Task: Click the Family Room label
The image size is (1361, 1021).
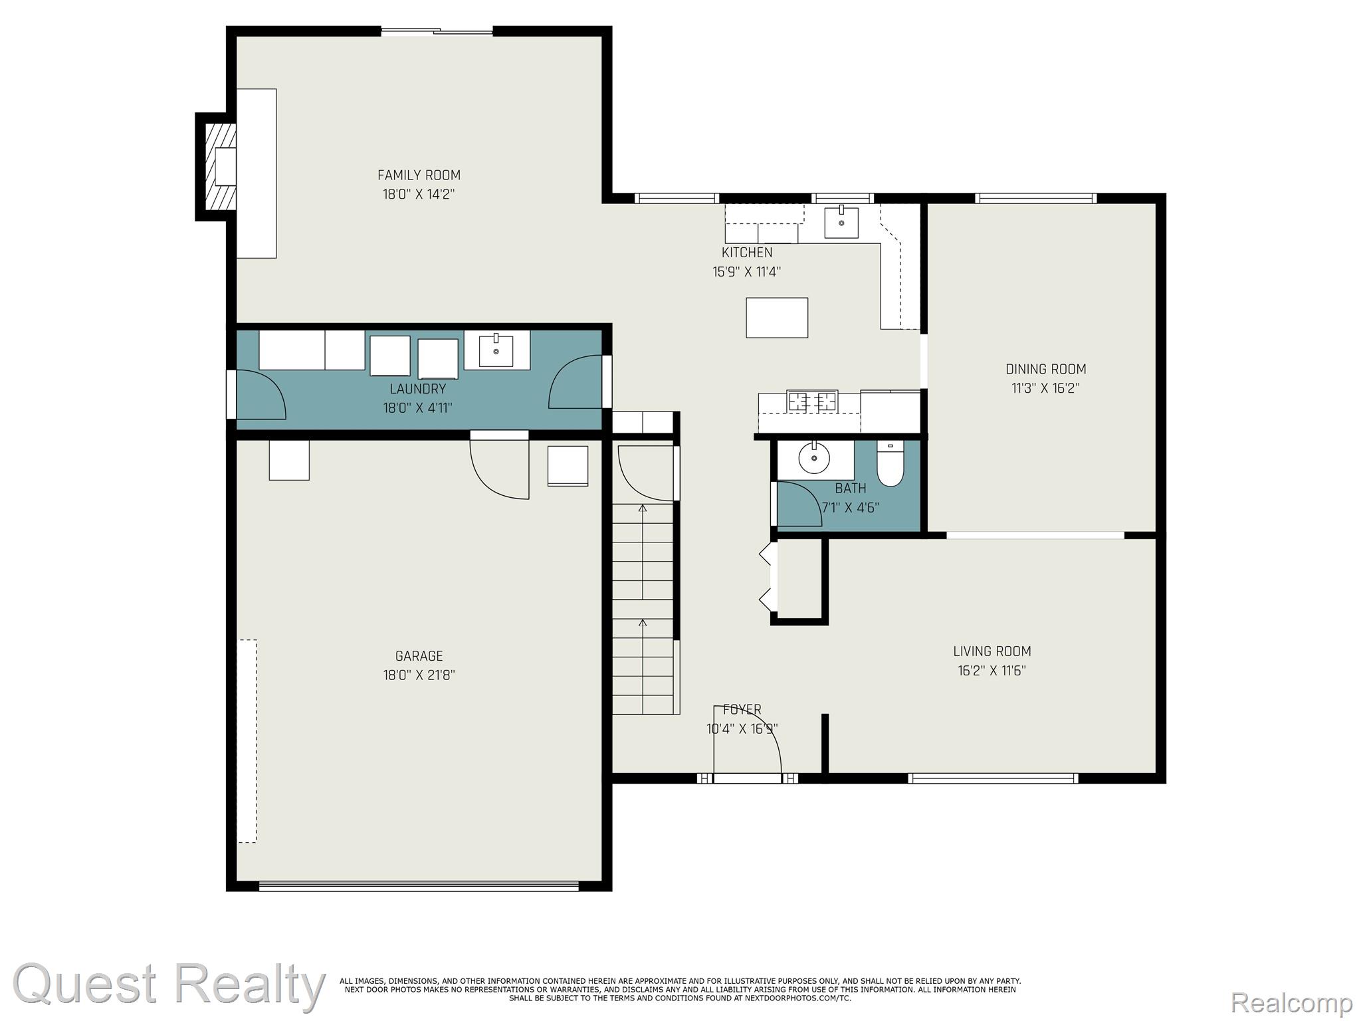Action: [419, 175]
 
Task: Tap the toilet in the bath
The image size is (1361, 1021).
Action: [890, 463]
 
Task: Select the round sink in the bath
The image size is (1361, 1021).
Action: [814, 457]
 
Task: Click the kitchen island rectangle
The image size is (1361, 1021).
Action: [777, 318]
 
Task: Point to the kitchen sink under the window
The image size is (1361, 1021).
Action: [841, 222]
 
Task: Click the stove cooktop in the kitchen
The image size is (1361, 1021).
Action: [812, 401]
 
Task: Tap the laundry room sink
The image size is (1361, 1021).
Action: [496, 350]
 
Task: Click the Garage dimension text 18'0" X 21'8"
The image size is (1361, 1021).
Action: [419, 675]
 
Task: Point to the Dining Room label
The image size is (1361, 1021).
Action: [1046, 369]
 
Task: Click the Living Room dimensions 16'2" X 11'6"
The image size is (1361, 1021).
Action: [992, 671]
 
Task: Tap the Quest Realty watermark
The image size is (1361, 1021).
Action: [169, 984]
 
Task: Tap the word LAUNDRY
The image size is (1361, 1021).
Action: [418, 389]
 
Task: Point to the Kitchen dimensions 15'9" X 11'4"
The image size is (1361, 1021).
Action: [747, 272]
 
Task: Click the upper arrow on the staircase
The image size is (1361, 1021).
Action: [643, 552]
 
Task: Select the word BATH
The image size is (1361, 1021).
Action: [851, 489]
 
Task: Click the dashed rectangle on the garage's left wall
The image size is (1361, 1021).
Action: [247, 741]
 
